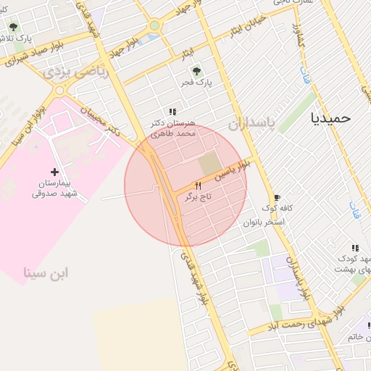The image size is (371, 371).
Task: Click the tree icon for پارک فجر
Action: pyautogui.click(x=196, y=71)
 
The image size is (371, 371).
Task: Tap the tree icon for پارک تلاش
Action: pyautogui.click(x=13, y=27)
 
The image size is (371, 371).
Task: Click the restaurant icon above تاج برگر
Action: pyautogui.click(x=198, y=185)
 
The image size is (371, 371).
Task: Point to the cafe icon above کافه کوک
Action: pyautogui.click(x=276, y=198)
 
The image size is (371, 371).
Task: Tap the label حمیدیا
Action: pyautogui.click(x=330, y=117)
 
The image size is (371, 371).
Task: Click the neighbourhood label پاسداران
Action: pyautogui.click(x=253, y=124)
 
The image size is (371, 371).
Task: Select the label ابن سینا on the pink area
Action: pyautogui.click(x=46, y=273)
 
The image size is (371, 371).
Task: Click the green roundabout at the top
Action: pyautogui.click(x=154, y=26)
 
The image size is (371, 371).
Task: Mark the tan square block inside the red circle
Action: pyautogui.click(x=208, y=163)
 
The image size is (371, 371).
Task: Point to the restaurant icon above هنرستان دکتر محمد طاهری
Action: pyautogui.click(x=172, y=112)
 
